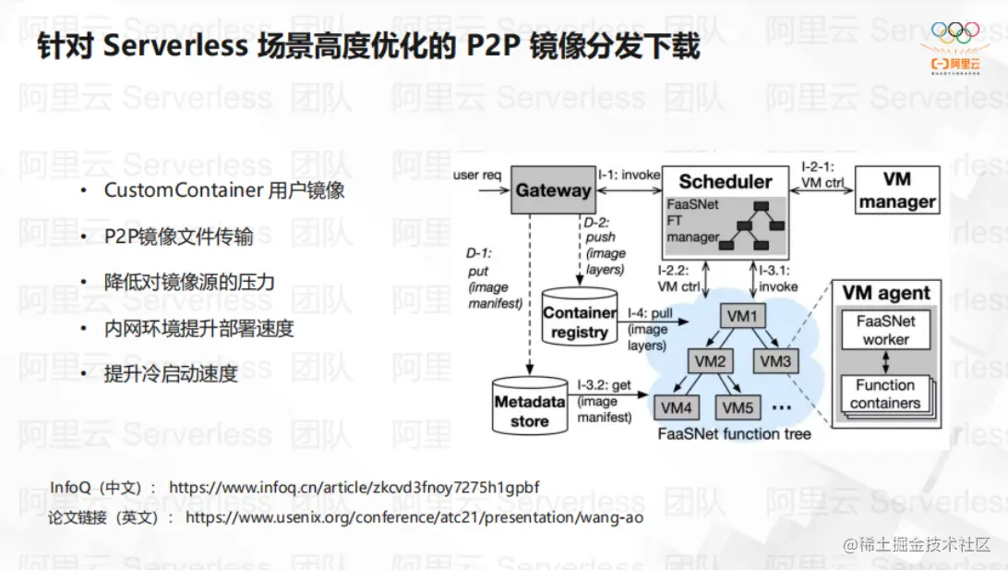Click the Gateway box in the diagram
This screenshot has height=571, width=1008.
pos(553,190)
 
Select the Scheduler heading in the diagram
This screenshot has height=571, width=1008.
pos(726,181)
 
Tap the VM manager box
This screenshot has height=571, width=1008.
pos(897,190)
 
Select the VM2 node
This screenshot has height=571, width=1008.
pos(709,361)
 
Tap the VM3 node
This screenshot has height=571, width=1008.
pos(776,361)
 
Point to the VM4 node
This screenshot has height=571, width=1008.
pos(677,407)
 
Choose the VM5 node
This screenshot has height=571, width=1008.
pos(738,407)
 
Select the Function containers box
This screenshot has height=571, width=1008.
pos(885,394)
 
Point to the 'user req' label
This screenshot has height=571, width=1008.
pos(477,175)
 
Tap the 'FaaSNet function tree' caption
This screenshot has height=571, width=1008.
pos(734,433)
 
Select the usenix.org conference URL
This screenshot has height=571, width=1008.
pos(414,517)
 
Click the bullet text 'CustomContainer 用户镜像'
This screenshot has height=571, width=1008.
pos(224,190)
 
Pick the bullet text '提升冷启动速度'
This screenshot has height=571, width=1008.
pos(171,373)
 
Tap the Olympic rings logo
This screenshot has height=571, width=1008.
pos(954,33)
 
